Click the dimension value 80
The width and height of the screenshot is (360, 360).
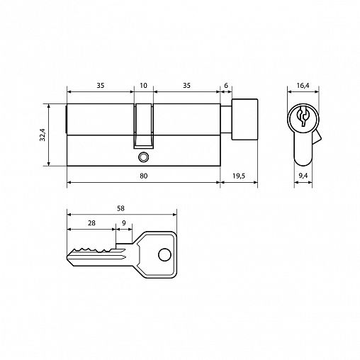coord(143,176)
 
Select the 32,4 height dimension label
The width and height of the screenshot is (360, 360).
coord(43,135)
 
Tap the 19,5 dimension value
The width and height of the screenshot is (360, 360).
coord(239,176)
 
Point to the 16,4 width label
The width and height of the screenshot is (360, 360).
coord(303,86)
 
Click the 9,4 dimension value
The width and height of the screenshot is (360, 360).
coord(303,176)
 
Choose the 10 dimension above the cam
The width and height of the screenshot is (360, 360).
coord(143,85)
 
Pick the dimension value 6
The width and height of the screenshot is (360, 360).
coord(226,85)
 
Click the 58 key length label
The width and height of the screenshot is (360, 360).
coord(120,208)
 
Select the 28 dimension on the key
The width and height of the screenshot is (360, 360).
coord(91,223)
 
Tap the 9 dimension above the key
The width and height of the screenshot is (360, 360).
coord(124,223)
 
